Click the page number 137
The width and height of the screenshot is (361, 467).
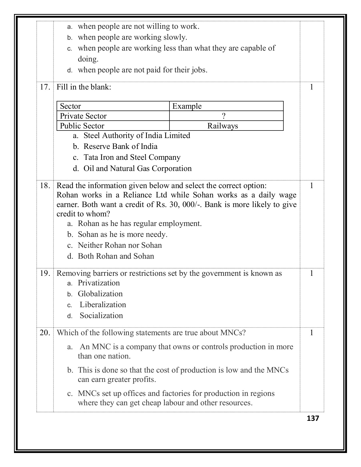(x=313, y=418)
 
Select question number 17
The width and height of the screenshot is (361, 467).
(x=45, y=87)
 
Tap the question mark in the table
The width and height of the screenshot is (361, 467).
(x=223, y=116)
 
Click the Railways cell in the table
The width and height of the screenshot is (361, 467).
(x=223, y=126)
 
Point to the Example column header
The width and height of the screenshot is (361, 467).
(x=187, y=106)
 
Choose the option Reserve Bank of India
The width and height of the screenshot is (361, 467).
(x=120, y=147)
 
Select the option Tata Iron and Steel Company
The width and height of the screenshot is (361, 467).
(x=132, y=157)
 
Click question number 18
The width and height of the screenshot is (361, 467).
(x=45, y=186)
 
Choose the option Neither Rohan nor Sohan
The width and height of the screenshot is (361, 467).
(x=120, y=245)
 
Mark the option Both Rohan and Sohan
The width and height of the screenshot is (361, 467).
(x=116, y=256)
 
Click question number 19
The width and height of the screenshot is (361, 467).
(x=45, y=273)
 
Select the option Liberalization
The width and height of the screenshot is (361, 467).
(x=103, y=305)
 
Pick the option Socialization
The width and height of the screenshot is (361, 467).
(x=101, y=316)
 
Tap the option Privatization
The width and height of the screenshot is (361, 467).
(x=99, y=283)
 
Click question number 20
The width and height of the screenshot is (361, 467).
(x=45, y=333)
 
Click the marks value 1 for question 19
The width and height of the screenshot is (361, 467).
(x=312, y=273)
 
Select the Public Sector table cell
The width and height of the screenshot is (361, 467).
(x=82, y=126)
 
